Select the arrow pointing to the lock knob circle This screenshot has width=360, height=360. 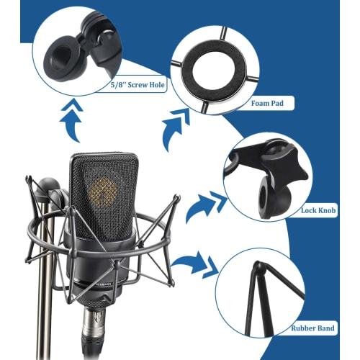click(x=202, y=208)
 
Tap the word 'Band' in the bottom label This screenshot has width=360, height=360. click(x=325, y=328)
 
